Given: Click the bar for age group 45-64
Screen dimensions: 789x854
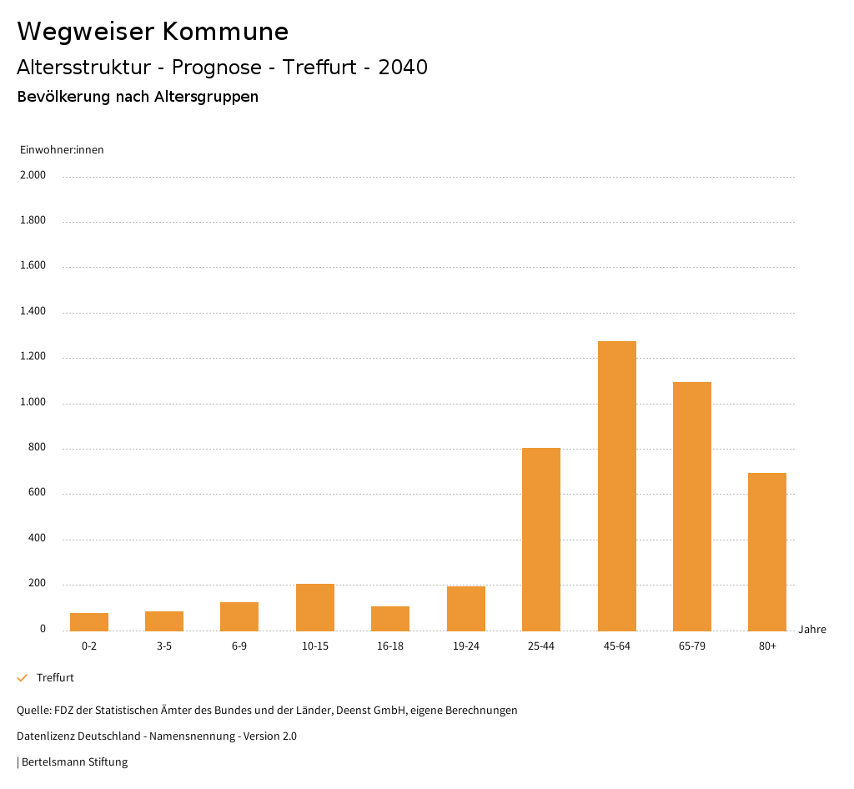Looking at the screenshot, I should click(616, 485).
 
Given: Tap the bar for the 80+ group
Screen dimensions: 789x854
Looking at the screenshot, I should click(767, 551).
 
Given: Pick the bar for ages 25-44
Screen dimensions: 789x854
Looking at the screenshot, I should click(541, 539).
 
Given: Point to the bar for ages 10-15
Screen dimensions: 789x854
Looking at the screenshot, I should click(315, 607).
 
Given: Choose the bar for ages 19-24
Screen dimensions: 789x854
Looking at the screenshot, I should click(466, 608).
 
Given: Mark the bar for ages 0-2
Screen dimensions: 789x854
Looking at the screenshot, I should click(89, 621).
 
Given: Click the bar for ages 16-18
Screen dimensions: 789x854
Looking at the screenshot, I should click(390, 618).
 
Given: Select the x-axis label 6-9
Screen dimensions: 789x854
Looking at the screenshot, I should click(239, 646).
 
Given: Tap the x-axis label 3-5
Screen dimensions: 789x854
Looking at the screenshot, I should click(164, 646).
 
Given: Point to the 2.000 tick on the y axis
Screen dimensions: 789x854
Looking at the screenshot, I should click(33, 175).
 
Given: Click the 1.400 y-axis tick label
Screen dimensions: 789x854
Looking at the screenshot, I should click(33, 311).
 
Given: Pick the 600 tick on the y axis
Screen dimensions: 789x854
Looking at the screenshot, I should click(37, 493).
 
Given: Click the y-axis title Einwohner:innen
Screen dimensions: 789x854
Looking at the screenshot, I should click(62, 150).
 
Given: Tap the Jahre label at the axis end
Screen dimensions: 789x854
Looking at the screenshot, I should click(812, 630).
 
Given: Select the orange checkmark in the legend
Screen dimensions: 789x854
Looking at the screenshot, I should click(23, 678).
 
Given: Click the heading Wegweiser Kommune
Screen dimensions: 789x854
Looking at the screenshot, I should click(153, 32).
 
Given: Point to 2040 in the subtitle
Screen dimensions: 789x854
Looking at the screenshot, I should click(403, 68).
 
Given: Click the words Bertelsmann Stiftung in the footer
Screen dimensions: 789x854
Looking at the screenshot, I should click(75, 762).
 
